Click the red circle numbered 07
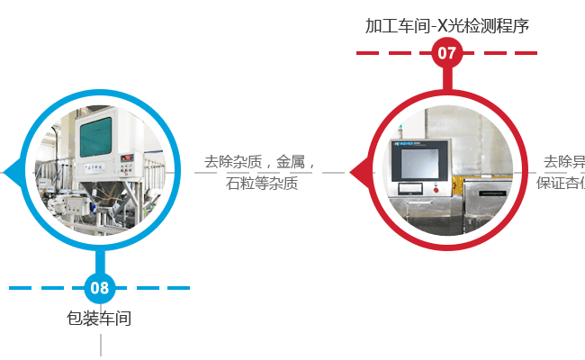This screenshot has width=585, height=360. click(446, 53)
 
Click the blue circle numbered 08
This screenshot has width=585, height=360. click(100, 288)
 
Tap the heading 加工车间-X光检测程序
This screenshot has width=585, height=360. click(446, 25)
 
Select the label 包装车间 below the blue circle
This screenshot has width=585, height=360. click(100, 318)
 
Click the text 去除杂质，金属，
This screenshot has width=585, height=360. click(257, 162)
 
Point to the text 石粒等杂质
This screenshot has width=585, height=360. click(262, 184)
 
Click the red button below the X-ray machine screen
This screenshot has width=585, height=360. click(436, 189)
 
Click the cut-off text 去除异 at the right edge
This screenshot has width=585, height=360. click(563, 163)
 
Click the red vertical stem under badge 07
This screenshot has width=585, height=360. click(446, 78)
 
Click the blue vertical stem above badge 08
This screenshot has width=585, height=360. click(100, 264)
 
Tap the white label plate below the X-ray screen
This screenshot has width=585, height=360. click(409, 188)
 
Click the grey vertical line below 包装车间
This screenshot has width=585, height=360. click(100, 345)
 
